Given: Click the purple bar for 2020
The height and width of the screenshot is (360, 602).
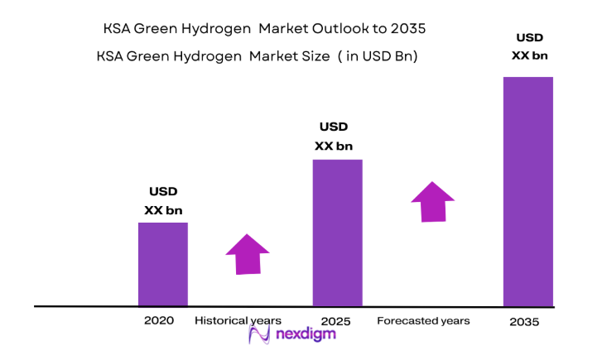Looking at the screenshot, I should pos(162,264).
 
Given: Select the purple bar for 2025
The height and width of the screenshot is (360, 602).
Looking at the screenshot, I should pos(337,233).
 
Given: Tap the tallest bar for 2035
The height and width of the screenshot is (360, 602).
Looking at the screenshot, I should pos(528,191).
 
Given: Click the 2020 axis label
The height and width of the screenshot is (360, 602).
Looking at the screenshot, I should pos(158,320).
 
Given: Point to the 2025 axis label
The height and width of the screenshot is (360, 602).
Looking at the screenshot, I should pos(336,320).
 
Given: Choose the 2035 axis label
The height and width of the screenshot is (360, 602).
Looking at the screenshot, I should pos(525,322).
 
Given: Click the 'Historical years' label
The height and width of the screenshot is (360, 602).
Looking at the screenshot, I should pos(238,320).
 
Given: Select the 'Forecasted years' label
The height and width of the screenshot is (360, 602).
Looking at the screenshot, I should pos(423,320).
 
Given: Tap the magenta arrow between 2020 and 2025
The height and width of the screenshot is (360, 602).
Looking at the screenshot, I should pos(248,254).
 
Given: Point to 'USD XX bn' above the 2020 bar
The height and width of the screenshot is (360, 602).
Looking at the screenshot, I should pos(163,201).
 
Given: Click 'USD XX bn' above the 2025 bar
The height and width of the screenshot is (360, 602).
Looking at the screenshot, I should pos(334,137).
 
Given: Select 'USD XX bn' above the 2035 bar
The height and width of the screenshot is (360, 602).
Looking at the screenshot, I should pos(530,46).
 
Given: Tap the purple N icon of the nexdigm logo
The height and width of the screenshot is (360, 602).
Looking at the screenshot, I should pos(261,334).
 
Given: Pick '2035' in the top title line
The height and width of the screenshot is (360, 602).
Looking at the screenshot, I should pos(407,30).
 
